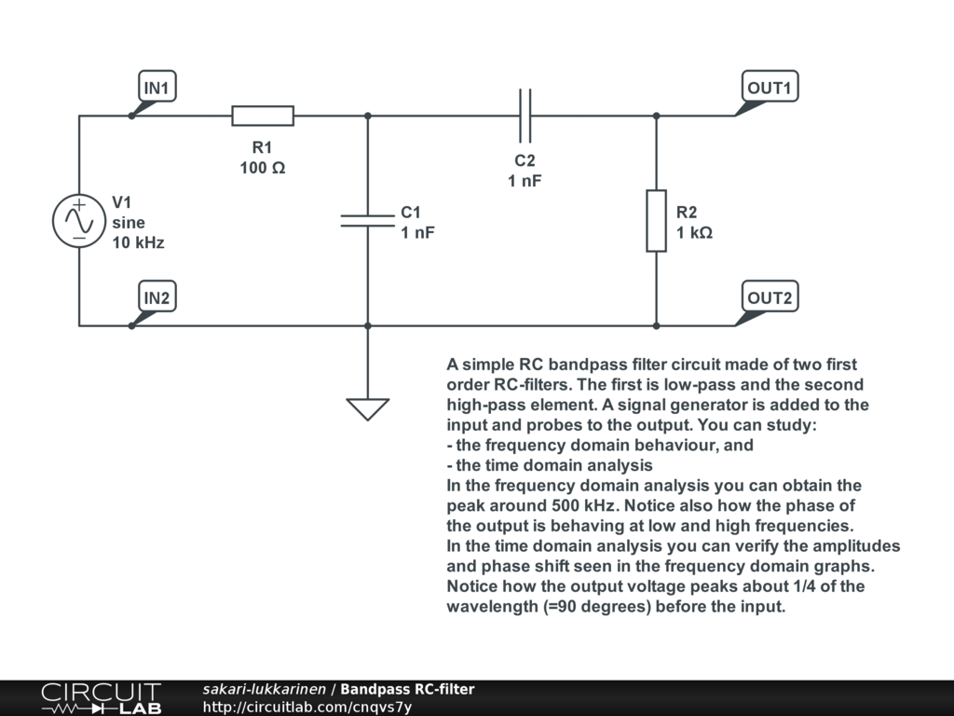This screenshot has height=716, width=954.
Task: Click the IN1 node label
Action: tap(157, 88)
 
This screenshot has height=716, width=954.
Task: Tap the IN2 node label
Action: tap(157, 297)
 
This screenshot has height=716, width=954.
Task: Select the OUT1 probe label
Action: tap(770, 88)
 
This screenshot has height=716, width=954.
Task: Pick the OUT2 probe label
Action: tap(770, 297)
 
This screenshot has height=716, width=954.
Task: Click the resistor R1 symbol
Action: tap(263, 116)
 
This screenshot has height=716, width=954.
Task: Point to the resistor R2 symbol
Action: tap(657, 221)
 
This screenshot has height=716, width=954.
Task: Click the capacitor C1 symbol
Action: tap(367, 220)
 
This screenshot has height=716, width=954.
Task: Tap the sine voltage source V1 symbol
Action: tap(78, 221)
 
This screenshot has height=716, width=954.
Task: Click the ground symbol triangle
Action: tap(367, 408)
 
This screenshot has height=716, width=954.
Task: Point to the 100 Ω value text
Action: tap(263, 168)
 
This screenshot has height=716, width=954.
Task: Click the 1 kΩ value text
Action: tap(695, 232)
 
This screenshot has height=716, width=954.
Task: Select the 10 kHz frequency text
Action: tap(138, 242)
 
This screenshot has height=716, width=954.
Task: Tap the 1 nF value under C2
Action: tap(525, 181)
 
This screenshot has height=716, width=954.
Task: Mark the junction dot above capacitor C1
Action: tap(367, 116)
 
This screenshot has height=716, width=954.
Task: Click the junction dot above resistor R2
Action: tap(657, 116)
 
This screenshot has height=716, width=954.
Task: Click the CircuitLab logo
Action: tap(101, 698)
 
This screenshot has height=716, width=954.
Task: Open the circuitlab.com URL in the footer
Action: tap(307, 707)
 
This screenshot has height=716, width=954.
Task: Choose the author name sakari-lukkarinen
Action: tap(265, 689)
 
